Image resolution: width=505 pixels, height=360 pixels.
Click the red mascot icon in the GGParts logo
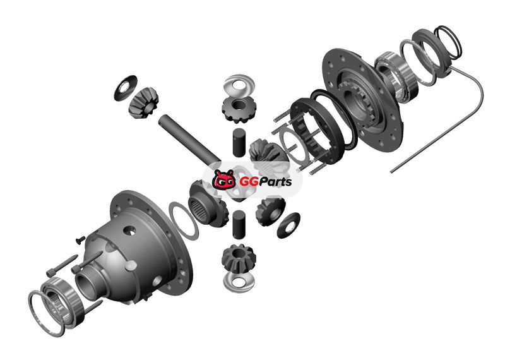pos(224,179)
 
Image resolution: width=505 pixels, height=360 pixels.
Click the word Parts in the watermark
pos(274,182)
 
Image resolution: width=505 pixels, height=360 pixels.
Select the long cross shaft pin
pos(190,139)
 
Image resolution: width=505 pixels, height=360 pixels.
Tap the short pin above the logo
pos(239,143)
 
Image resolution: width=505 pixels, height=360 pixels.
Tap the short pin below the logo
pos(239,225)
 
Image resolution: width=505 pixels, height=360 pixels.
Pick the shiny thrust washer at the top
pos(239,85)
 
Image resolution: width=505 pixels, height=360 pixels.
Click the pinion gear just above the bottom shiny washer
pos(239,258)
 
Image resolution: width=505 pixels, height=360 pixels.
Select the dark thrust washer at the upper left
pos(125,87)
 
